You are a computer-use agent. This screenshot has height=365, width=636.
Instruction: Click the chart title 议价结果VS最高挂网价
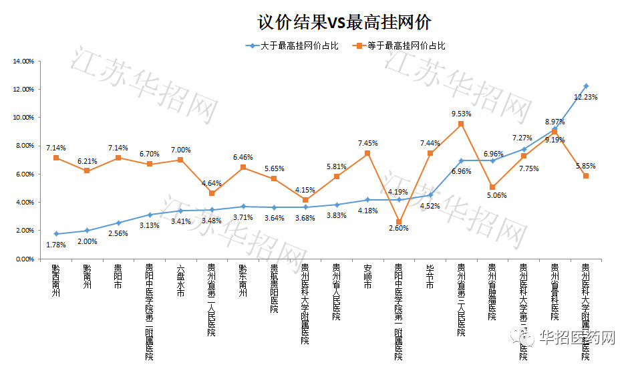tap(345, 21)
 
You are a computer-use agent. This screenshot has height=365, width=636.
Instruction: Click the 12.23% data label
tap(586, 97)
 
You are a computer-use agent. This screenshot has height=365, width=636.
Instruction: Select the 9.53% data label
tap(462, 114)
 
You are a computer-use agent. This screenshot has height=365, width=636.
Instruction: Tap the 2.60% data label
tap(399, 228)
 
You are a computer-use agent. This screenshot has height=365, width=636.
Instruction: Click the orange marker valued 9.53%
tap(461, 124)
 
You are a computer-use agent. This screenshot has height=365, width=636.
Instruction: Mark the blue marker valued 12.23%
tap(586, 86)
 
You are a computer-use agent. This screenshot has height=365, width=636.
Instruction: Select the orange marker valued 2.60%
tap(399, 222)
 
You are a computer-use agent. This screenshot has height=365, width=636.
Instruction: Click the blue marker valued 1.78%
tap(56, 234)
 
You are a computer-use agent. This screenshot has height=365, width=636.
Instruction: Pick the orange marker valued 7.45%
tap(367, 153)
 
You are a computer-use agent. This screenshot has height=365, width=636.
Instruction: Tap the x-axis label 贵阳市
tap(118, 276)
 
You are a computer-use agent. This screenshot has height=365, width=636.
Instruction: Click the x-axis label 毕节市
tap(430, 276)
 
